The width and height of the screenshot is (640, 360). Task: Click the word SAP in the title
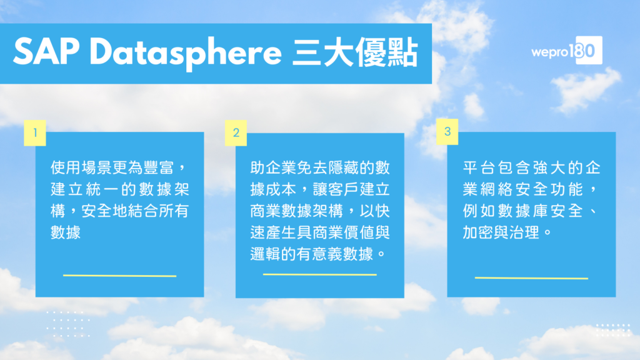pos(46,52)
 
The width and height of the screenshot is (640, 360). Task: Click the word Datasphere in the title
pos(186,53)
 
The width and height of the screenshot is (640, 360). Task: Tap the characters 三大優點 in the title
pos(355,52)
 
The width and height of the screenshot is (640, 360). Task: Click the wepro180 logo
pos(566,50)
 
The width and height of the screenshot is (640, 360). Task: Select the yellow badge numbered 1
pos(35,132)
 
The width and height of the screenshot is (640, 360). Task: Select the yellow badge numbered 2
pos(236,132)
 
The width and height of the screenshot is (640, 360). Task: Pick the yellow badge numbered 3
pos(447,131)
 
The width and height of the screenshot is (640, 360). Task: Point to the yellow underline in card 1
pos(119,276)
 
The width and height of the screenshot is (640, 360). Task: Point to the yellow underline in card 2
pos(319,275)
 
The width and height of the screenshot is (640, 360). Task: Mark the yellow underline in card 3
pos(531,278)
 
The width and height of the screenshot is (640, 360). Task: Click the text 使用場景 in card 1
pos(81,167)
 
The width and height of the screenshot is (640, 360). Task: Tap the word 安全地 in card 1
pos(104,211)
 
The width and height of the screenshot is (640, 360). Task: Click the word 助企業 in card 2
pos(274,167)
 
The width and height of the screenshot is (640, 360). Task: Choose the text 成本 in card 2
pos(281,189)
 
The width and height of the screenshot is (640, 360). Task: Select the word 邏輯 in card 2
pos(266,254)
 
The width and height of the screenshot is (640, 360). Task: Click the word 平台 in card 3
pos(478,167)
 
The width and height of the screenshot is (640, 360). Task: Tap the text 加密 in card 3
pos(478,232)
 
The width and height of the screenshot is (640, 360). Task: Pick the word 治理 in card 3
pos(524,232)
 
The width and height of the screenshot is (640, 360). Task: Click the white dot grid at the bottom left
pos(68,324)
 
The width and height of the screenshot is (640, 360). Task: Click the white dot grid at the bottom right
pos(613,330)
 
